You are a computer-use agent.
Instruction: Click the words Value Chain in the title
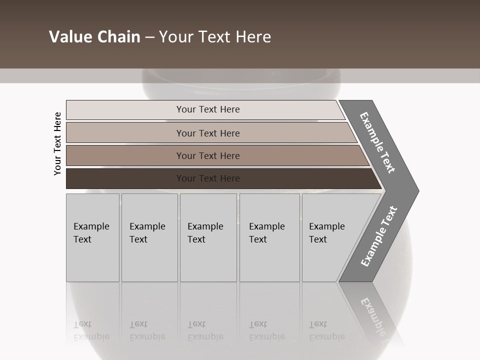[94, 37]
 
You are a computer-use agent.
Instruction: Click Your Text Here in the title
[215, 37]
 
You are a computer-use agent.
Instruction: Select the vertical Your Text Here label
[58, 143]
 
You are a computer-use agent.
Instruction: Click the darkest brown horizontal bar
[125, 178]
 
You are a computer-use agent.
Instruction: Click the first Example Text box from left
[92, 237]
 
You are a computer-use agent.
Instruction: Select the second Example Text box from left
[149, 237]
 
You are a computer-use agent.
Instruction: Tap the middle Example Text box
[208, 237]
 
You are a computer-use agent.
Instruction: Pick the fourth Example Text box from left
[269, 237]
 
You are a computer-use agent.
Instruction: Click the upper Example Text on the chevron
[377, 142]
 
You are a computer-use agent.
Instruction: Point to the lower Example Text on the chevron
[379, 236]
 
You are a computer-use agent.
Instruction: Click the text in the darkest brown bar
[208, 178]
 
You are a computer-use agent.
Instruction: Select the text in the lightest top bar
[208, 109]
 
